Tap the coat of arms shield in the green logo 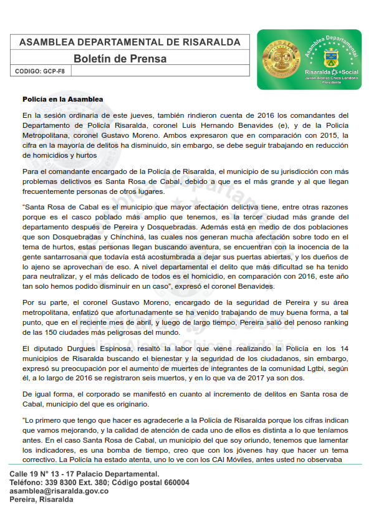[330, 60]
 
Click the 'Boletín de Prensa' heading [120, 59]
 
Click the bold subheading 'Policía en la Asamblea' [63, 100]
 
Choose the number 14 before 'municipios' [343, 350]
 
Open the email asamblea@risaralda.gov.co [59, 491]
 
